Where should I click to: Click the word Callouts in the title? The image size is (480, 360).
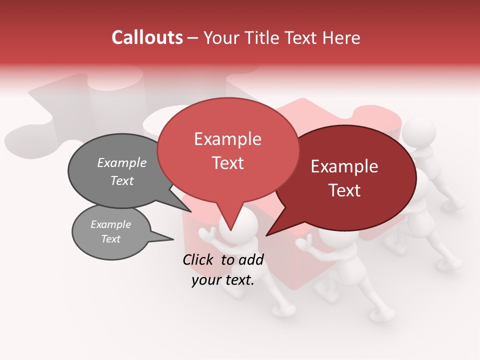(147, 37)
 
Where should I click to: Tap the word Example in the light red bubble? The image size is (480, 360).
(227, 139)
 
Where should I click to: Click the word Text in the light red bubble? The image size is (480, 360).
(227, 163)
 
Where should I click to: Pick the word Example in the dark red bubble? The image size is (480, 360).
(344, 166)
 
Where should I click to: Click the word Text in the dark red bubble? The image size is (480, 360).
(344, 190)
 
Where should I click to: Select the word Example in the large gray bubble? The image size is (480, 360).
(122, 163)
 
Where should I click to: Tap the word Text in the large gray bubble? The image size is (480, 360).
(122, 181)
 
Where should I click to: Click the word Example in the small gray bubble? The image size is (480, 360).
(111, 224)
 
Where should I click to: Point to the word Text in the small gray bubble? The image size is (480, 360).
(111, 239)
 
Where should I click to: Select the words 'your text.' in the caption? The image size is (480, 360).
(223, 280)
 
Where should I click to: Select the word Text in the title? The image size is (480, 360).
(304, 37)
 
